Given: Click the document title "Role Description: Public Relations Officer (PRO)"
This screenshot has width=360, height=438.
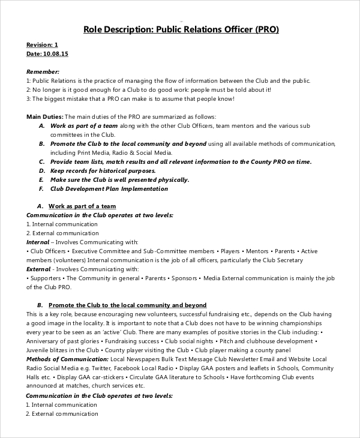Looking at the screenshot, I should [x=180, y=29].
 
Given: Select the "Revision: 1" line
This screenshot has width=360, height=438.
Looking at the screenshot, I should [x=43, y=45].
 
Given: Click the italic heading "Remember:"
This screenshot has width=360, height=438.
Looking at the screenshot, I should [x=43, y=71].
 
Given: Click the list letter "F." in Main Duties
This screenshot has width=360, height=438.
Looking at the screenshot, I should [x=41, y=188].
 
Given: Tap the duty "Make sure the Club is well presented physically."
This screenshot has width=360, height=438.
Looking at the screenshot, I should [x=119, y=179].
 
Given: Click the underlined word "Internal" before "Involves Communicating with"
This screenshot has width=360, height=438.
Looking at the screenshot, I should [x=38, y=242].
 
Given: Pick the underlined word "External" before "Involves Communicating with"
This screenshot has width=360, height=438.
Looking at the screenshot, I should [x=38, y=269].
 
